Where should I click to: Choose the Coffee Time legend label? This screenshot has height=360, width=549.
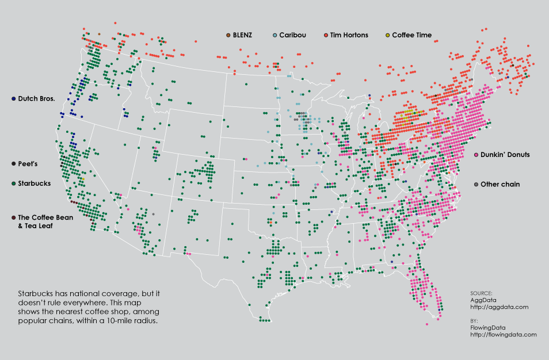(412, 35)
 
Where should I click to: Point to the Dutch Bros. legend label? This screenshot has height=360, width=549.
(36, 98)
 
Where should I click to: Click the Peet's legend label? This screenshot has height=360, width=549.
(28, 164)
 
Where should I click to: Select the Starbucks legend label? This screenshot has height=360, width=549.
(35, 183)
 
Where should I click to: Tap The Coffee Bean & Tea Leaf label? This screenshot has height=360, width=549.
(43, 221)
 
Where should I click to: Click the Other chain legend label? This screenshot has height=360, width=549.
(501, 184)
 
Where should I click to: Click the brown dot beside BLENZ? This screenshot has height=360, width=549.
(228, 35)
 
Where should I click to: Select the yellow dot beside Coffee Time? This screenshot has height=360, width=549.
(388, 35)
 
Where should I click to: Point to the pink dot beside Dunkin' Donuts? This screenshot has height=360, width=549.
(476, 155)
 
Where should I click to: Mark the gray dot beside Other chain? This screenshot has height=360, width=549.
(476, 184)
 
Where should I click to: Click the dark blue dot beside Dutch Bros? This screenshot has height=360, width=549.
(13, 98)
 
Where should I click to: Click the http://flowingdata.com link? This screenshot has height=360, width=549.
(503, 334)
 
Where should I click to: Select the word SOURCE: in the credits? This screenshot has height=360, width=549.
(481, 293)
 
